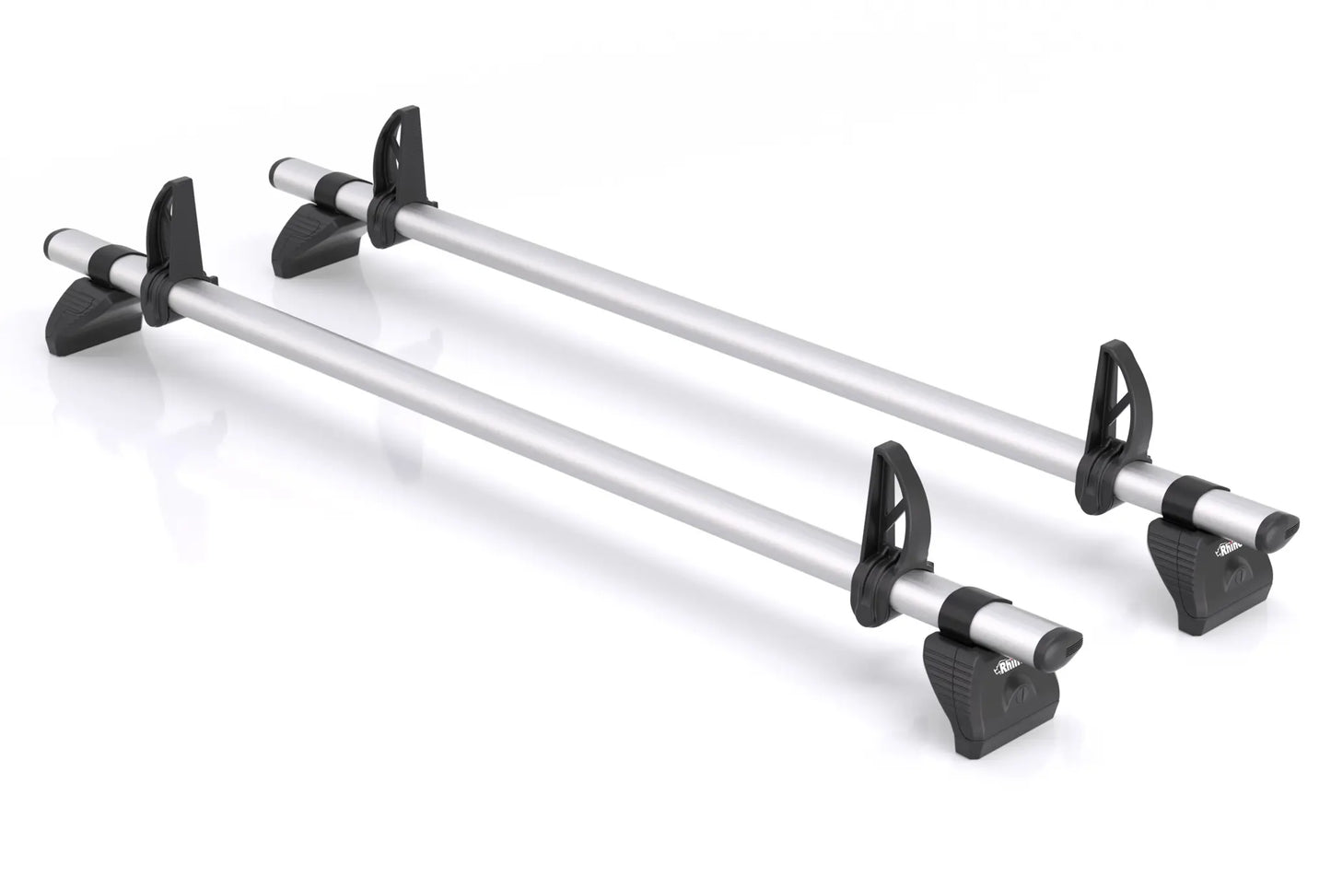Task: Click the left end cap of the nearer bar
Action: pos(54,245)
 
